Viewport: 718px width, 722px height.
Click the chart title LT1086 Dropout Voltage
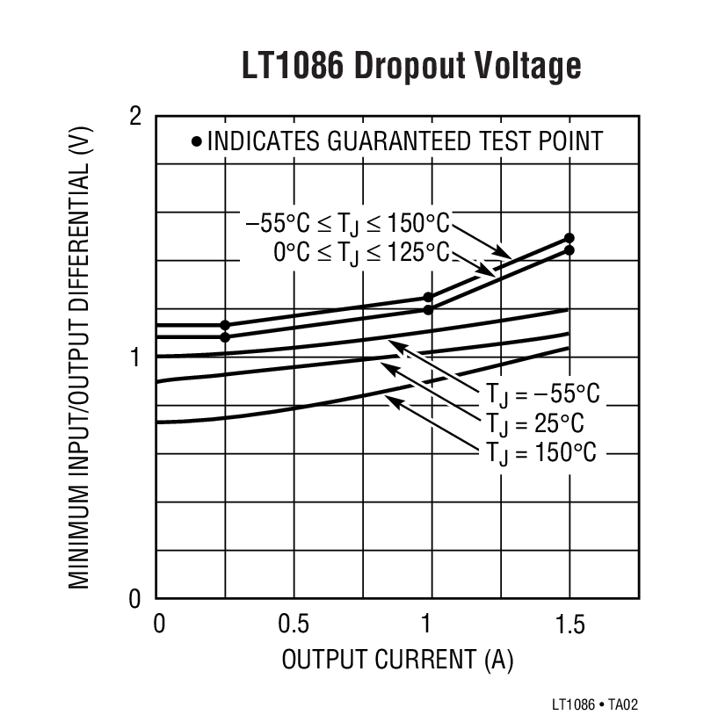pos(411,67)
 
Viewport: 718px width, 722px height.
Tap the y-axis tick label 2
pos(135,116)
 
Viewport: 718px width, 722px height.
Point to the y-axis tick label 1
pos(136,357)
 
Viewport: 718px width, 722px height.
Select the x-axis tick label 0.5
pos(294,625)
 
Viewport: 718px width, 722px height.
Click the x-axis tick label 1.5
pos(569,625)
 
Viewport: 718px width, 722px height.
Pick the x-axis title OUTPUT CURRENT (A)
pos(397,660)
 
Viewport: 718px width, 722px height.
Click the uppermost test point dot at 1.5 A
pos(569,238)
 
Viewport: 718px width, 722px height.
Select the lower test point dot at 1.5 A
pos(569,250)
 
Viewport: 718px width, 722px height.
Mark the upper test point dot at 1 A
pos(429,298)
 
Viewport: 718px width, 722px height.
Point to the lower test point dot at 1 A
pos(429,309)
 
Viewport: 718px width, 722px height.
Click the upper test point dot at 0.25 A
pos(225,325)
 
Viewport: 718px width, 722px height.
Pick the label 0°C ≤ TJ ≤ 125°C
pos(360,252)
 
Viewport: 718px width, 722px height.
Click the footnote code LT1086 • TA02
pos(595,704)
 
